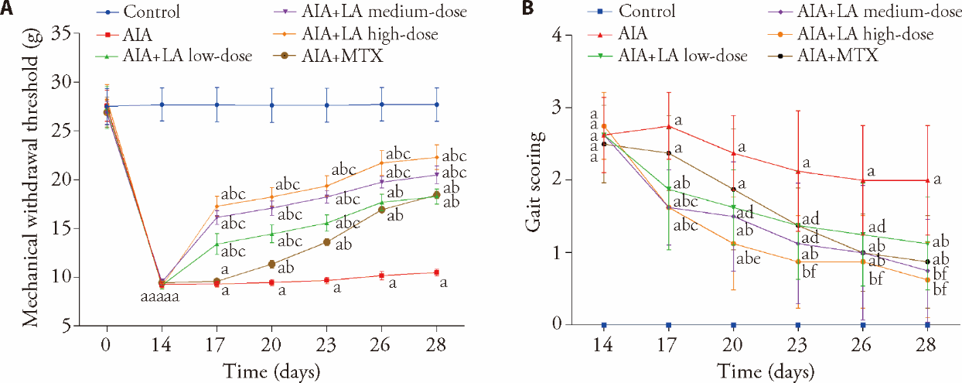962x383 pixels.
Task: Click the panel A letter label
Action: point(7,9)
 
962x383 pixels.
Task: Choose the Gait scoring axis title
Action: point(533,180)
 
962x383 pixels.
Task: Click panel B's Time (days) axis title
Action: point(764,371)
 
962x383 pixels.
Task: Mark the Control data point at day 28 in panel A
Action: point(437,104)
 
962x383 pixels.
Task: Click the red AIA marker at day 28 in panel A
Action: point(437,272)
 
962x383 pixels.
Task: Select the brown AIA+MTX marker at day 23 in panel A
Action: point(326,242)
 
